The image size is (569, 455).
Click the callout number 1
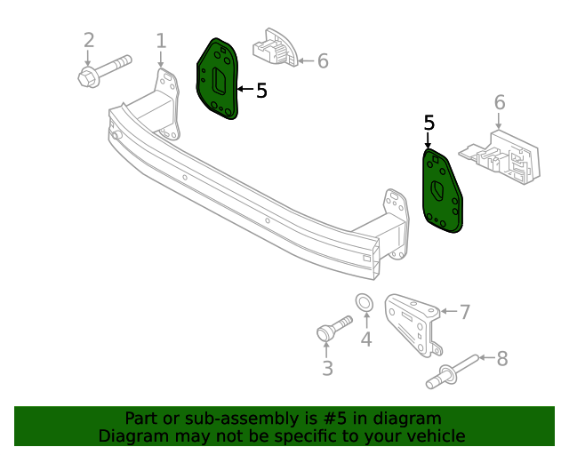tap(161, 41)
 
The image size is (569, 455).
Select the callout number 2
tap(89, 41)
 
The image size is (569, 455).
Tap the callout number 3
tap(327, 368)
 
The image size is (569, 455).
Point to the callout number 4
tap(366, 339)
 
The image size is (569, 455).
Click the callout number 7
tap(464, 311)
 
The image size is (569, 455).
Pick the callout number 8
tap(501, 358)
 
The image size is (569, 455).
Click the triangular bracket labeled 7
tap(413, 324)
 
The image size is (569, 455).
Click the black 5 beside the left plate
tap(260, 90)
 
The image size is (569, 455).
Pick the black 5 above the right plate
tap(429, 123)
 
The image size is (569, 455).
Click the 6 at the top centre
tap(323, 60)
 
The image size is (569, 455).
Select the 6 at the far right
tap(500, 102)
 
